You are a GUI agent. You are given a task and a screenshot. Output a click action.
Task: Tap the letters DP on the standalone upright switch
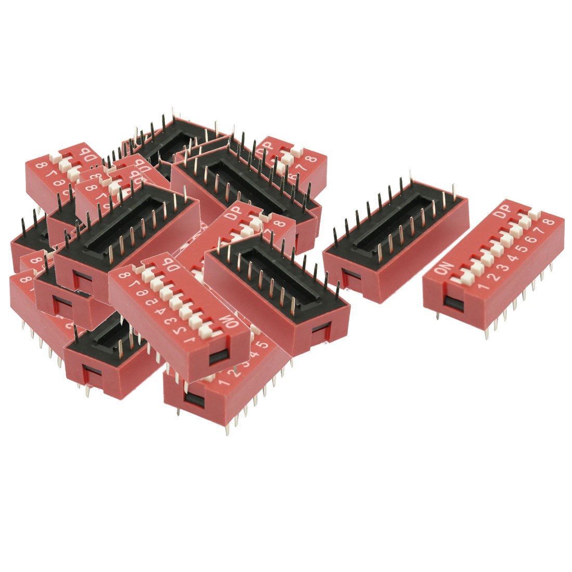503,213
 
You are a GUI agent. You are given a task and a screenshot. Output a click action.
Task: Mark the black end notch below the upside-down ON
217,357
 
